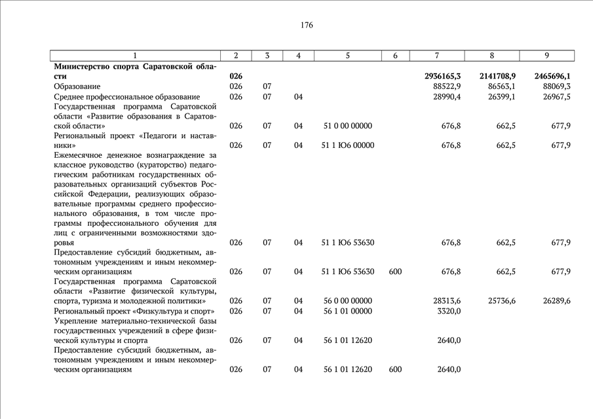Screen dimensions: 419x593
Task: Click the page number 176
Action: (x=307, y=26)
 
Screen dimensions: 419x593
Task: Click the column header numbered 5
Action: (x=347, y=56)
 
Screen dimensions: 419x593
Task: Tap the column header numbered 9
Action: (x=546, y=56)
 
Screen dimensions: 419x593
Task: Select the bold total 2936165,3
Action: (x=442, y=77)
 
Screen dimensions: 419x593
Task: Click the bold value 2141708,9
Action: (x=497, y=77)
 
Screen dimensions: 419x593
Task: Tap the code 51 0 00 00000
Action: (x=347, y=126)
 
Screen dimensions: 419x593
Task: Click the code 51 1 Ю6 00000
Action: (x=347, y=145)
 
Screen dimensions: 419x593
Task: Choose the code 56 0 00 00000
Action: (x=347, y=301)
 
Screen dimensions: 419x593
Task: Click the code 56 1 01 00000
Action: (x=347, y=310)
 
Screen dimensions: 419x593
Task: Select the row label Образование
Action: (x=77, y=86)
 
